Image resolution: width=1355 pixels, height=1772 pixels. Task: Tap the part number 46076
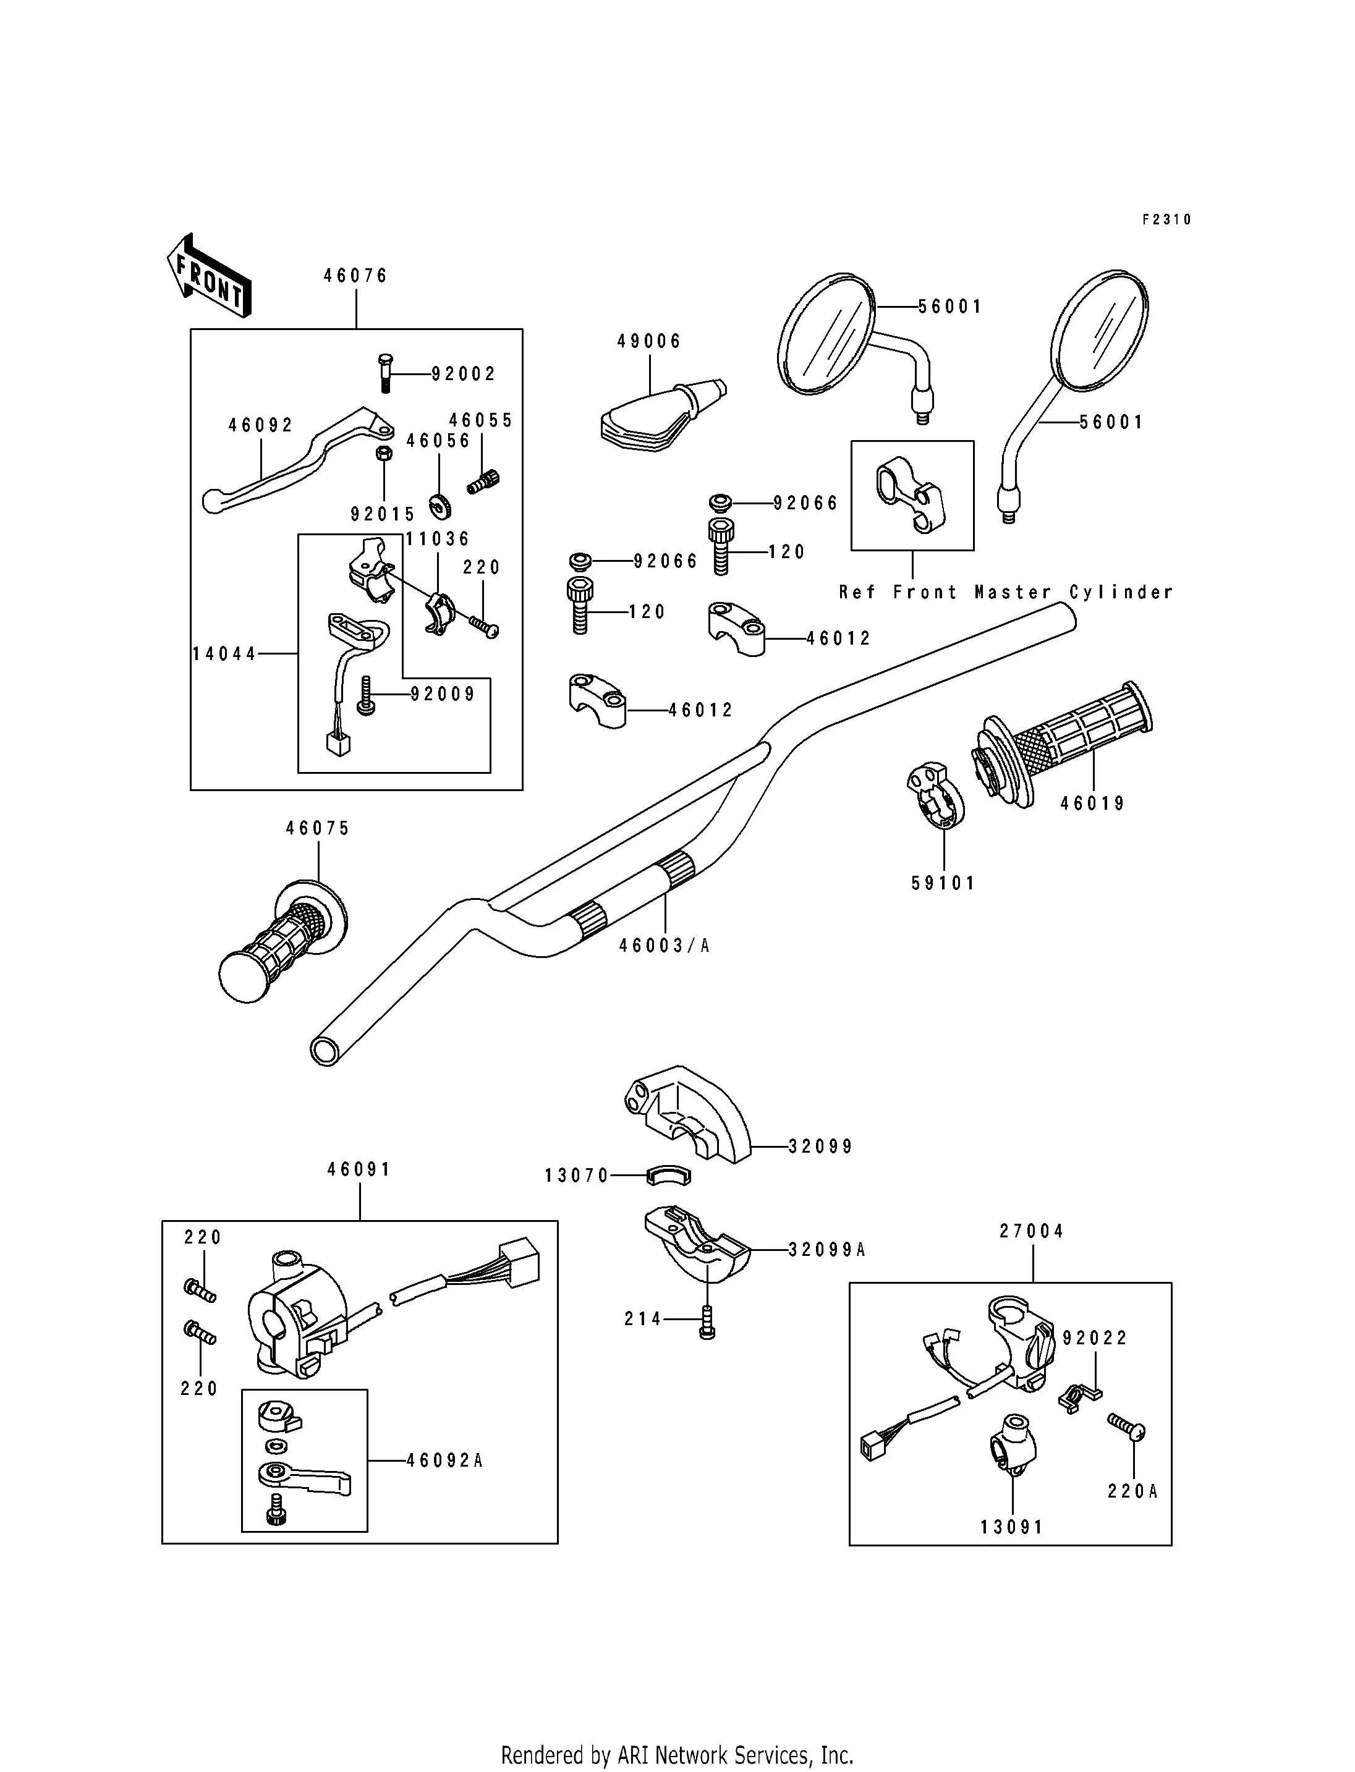pos(355,276)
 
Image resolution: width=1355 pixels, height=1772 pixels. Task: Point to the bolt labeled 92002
pos(384,373)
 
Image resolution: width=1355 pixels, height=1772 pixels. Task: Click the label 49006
pos(649,341)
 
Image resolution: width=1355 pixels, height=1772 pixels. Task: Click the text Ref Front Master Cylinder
pos(1006,593)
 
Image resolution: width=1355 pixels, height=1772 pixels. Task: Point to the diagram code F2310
pos(1166,219)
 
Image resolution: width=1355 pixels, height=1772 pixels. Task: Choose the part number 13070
pos(577,1176)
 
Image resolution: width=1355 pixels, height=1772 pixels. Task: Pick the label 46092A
pos(444,1460)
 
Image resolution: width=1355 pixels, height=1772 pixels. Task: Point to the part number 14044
pos(224,654)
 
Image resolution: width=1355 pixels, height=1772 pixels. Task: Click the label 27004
pos(1032,1232)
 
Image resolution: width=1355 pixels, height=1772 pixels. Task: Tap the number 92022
pos(1095,1338)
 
